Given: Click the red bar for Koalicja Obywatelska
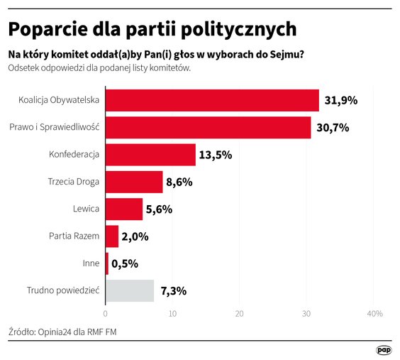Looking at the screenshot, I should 212,100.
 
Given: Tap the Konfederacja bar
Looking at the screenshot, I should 150,155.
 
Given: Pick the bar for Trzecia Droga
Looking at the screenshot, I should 134,182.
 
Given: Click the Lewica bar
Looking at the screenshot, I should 124,209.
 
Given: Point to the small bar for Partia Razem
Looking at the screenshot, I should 112,236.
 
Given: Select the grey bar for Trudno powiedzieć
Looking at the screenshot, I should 130,290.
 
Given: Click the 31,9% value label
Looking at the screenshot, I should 340,101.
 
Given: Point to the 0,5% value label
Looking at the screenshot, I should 125,263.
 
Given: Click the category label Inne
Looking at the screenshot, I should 91,263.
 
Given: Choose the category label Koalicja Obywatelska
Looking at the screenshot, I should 59,100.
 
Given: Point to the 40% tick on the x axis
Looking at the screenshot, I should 374,314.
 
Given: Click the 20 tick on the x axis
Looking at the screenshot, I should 240,314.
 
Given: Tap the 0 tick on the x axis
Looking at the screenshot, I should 106,314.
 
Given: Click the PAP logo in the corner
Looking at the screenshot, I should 384,350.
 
